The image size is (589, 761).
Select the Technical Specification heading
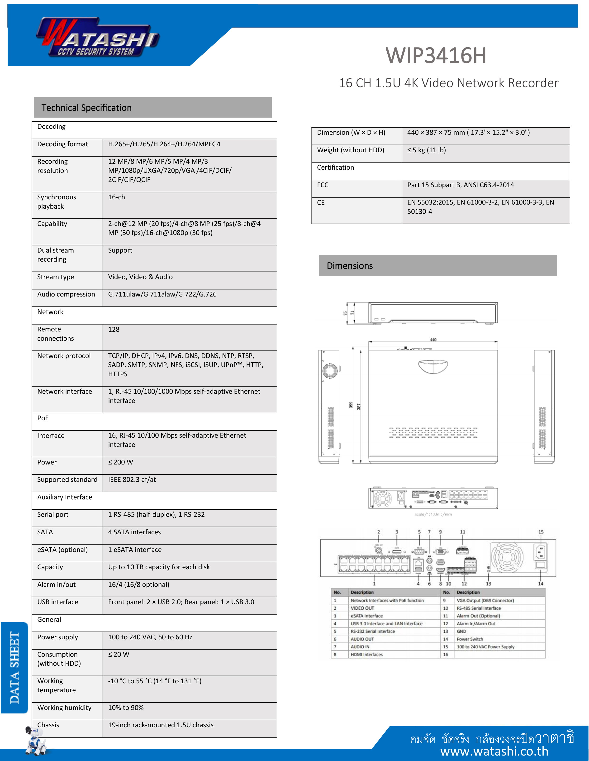coord(86,108)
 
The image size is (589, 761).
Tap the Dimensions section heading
coord(349,266)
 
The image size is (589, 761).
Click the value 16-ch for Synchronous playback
coord(116,197)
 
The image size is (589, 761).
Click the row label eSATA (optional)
coord(62,550)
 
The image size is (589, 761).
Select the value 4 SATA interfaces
coord(134,532)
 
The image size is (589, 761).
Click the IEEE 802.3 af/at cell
coord(132,480)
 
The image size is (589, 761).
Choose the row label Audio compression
coord(66,294)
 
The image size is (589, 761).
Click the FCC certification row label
coord(323,185)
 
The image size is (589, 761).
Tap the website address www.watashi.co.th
coord(494,751)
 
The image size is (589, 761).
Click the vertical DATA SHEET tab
coord(14,667)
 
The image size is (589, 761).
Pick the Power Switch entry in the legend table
coord(470,639)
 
